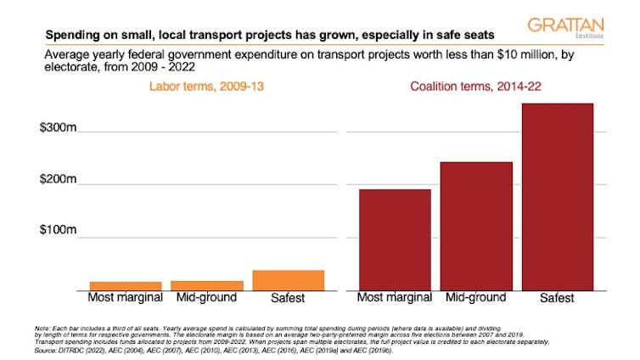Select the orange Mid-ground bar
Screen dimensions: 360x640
[x=195, y=285]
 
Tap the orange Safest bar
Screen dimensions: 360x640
[x=277, y=280]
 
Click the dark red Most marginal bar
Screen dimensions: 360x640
[x=394, y=239]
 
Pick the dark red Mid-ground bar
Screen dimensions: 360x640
[x=475, y=226]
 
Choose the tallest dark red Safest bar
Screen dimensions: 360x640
[x=558, y=196]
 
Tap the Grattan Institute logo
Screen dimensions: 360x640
[x=566, y=30]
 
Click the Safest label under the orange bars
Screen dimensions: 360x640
[x=277, y=298]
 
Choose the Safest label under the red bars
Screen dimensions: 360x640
[x=557, y=298]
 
